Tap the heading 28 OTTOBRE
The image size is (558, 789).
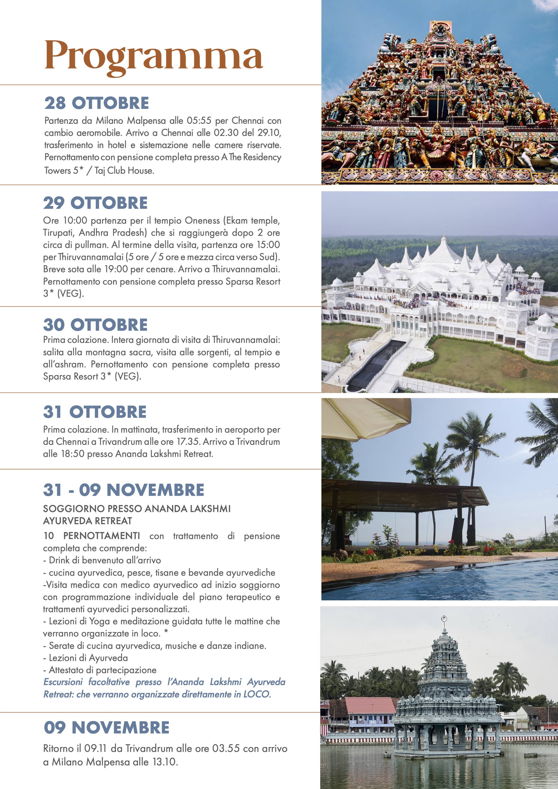[97, 103]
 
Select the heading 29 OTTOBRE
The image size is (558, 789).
[95, 203]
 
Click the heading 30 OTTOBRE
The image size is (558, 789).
[95, 325]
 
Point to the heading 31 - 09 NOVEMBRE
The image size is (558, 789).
[123, 490]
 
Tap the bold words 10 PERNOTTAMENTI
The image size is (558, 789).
[92, 536]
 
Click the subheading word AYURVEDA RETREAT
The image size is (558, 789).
[87, 521]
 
